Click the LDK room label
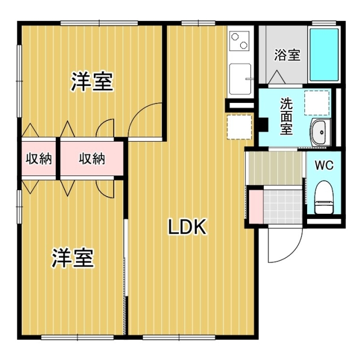(188, 227)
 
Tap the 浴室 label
(287, 55)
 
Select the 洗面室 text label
(286, 116)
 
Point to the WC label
(323, 166)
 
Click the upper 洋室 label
(92, 82)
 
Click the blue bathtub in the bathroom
(325, 55)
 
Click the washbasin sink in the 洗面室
(321, 133)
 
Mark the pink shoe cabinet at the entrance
(255, 206)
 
